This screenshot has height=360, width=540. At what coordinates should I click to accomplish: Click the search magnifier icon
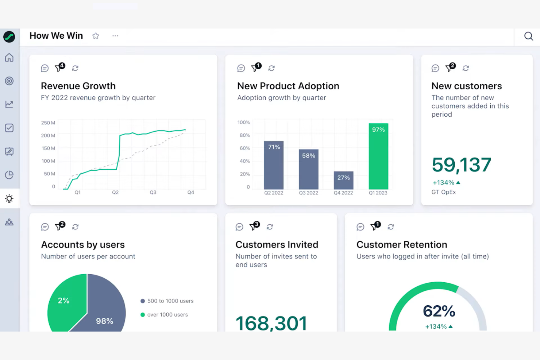coord(528,36)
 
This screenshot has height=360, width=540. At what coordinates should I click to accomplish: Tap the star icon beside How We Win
coord(96,36)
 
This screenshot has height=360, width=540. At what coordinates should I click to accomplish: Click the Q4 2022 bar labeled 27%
coord(343,180)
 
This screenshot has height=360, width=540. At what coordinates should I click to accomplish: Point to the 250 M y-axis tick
coord(48,123)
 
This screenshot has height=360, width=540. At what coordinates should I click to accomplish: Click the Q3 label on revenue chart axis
coord(153,192)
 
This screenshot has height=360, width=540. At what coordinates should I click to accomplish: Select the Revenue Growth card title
coord(78,86)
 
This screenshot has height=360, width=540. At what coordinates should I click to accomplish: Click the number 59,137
coord(461,165)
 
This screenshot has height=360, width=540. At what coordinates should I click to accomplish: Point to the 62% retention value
coord(439,311)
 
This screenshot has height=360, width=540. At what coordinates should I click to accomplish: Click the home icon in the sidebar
coord(9,58)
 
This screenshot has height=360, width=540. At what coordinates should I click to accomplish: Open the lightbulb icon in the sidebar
coord(9,198)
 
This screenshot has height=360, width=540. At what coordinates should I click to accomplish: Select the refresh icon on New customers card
coord(466,68)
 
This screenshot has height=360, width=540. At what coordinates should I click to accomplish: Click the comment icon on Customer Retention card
coord(360,227)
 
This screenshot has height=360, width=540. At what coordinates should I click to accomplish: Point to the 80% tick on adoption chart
coord(244,135)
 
